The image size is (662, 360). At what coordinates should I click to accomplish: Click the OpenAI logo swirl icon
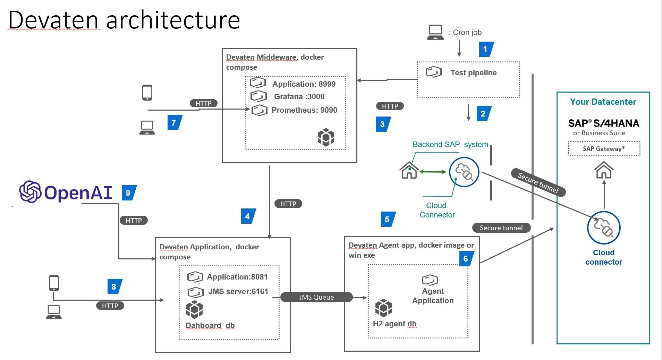[x=30, y=191]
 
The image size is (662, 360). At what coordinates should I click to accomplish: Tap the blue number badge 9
[x=128, y=193]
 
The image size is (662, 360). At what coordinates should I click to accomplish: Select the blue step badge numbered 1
[x=485, y=49]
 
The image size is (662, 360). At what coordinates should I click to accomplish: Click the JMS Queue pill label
[x=316, y=297]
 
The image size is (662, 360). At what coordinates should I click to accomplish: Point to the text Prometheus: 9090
[x=304, y=110]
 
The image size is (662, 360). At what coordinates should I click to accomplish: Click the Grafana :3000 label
[x=299, y=97]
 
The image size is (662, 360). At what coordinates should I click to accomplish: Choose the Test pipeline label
[x=473, y=73]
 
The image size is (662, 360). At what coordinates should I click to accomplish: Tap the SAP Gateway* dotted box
[x=604, y=149]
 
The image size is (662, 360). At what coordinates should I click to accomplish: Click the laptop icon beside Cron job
[x=435, y=32]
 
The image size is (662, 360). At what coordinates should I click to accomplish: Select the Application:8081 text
[x=237, y=277]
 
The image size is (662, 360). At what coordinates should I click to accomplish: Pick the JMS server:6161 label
[x=238, y=292]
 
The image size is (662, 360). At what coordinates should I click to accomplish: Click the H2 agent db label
[x=394, y=324]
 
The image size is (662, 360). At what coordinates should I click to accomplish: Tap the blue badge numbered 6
[x=466, y=259]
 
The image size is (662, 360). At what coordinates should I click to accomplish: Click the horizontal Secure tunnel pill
[x=501, y=228]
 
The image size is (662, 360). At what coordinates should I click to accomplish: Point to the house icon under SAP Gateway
[x=604, y=170]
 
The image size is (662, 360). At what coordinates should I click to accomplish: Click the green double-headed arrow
[x=432, y=172]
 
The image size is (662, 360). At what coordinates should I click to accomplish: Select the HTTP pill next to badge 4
[x=288, y=204]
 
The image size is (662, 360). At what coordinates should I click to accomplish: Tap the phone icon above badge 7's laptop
[x=147, y=93]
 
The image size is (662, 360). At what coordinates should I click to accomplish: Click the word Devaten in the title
[x=53, y=20]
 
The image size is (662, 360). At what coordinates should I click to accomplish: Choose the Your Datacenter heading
[x=603, y=102]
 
